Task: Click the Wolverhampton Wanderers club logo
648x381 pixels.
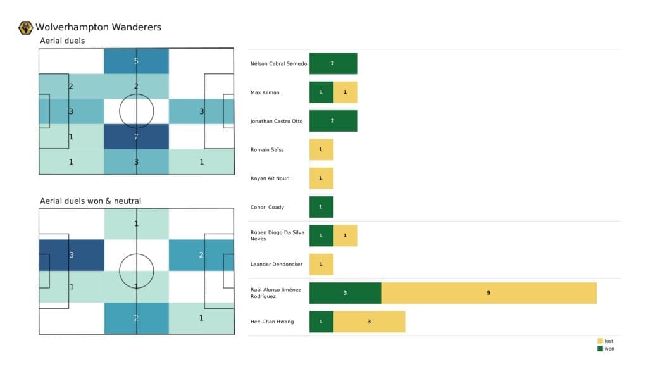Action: click(x=26, y=27)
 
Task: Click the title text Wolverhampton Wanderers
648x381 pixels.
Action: click(x=98, y=27)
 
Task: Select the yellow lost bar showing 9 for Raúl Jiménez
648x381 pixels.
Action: click(x=489, y=293)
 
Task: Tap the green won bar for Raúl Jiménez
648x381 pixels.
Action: click(x=345, y=293)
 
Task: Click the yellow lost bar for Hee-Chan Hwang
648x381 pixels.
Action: click(x=369, y=322)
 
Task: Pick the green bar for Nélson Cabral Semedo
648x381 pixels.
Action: click(x=333, y=63)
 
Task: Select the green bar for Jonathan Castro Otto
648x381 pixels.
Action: click(x=333, y=121)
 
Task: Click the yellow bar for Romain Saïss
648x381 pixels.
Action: click(x=321, y=149)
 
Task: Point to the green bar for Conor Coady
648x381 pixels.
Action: click(x=321, y=207)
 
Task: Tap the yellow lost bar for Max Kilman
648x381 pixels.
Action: click(x=345, y=92)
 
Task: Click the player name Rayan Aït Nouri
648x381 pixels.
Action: click(x=270, y=178)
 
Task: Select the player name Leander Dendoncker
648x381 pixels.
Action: click(x=277, y=264)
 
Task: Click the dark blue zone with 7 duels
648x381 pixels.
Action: click(x=136, y=137)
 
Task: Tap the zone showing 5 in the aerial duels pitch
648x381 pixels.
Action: click(x=136, y=61)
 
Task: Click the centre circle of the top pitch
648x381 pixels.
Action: click(x=136, y=111)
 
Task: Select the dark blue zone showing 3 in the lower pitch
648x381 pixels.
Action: click(x=72, y=255)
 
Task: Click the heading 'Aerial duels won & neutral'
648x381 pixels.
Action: click(x=90, y=201)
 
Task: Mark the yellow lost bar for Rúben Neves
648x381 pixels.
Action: click(x=345, y=235)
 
